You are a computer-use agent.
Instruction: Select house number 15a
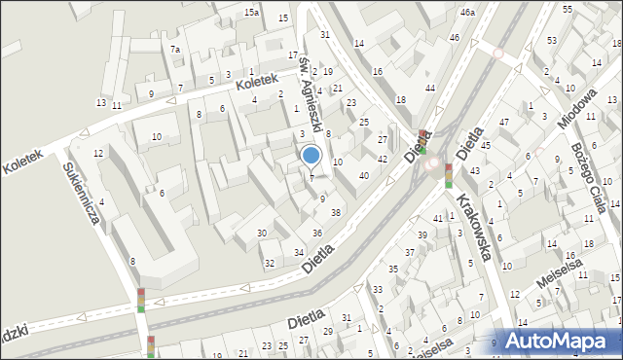click(252, 12)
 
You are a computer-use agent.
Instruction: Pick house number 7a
click(175, 49)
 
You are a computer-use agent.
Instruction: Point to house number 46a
click(468, 13)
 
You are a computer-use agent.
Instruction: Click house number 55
click(568, 8)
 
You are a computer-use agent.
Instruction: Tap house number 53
click(552, 40)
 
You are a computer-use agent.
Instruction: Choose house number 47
click(504, 122)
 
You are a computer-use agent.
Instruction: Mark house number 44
click(430, 88)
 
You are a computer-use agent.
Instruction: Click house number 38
click(336, 212)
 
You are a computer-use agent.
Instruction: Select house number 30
click(262, 234)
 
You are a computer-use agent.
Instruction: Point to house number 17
click(293, 55)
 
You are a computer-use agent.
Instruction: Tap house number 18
click(400, 100)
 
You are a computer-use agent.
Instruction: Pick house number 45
click(485, 145)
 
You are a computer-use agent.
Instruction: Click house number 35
click(392, 269)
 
